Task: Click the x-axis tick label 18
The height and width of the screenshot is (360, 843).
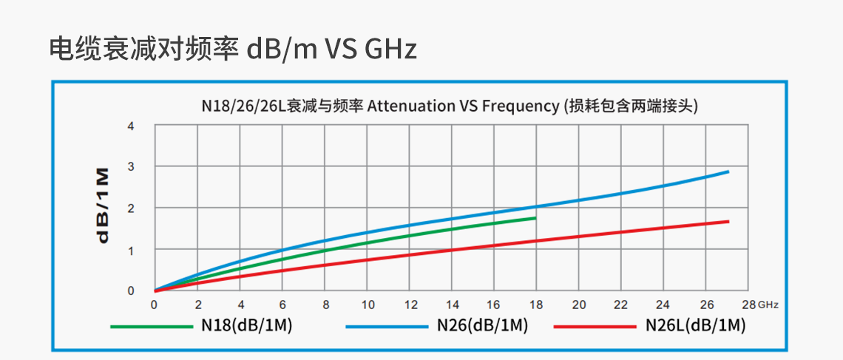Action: [x=537, y=305]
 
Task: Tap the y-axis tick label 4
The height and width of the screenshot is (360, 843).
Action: [x=131, y=126]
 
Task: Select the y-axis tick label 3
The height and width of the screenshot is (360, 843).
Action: [x=131, y=167]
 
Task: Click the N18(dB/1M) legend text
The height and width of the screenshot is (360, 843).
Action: [x=247, y=325]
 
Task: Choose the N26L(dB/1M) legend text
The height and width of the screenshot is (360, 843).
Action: [x=695, y=325]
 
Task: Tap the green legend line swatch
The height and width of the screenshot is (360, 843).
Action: [x=152, y=326]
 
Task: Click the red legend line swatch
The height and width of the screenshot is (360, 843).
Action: [x=595, y=326]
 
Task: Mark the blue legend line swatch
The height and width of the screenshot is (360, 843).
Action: [x=387, y=326]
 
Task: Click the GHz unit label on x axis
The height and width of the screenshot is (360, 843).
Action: [x=768, y=305]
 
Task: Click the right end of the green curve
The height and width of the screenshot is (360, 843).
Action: [x=535, y=218]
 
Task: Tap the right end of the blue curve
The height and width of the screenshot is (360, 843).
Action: [x=728, y=171]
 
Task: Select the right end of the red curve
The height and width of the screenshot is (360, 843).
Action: [x=728, y=221]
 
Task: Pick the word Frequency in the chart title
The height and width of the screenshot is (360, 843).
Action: [x=520, y=106]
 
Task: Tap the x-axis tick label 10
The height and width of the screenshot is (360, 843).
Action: [x=368, y=305]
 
